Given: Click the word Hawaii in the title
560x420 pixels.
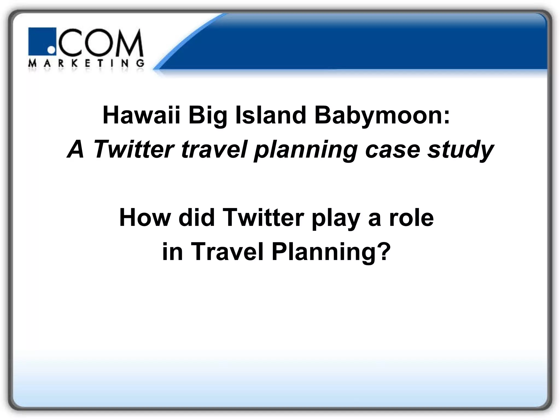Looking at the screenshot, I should (141, 115).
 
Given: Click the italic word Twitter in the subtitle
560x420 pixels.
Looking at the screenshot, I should (133, 150).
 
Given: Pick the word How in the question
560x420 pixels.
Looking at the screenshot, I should (145, 218).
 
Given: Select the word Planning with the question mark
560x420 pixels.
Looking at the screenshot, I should (331, 252).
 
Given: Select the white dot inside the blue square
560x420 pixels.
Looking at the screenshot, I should (51, 50).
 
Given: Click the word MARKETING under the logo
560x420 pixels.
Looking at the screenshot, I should (86, 63).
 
